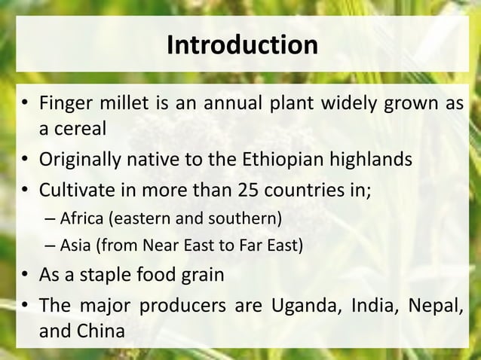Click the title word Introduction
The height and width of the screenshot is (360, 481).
point(241,44)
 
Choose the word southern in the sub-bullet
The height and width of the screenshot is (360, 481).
point(250,220)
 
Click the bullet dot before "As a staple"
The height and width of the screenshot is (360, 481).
point(26,274)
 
